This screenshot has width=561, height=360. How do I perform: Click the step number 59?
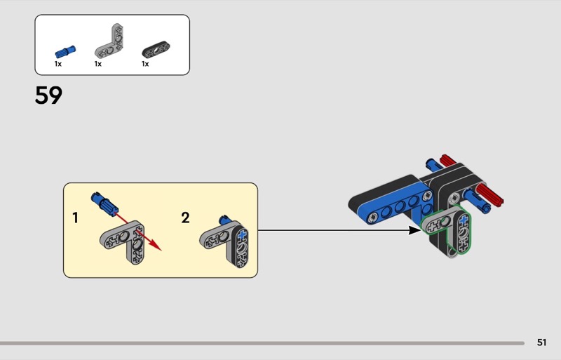pyautogui.click(x=48, y=95)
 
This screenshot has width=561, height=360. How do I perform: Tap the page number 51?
pyautogui.click(x=541, y=342)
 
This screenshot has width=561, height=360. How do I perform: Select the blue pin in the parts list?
pyautogui.click(x=65, y=52)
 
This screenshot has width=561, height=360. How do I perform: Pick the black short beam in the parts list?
pyautogui.click(x=156, y=49)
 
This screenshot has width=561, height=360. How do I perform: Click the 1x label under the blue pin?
pyautogui.click(x=58, y=64)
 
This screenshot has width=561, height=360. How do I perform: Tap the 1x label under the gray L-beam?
pyautogui.click(x=98, y=64)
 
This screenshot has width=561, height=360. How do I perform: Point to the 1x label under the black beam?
pyautogui.click(x=145, y=64)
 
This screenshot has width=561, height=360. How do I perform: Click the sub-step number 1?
pyautogui.click(x=75, y=218)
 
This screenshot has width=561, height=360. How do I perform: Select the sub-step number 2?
pyautogui.click(x=185, y=218)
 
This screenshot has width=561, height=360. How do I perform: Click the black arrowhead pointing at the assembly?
pyautogui.click(x=415, y=230)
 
